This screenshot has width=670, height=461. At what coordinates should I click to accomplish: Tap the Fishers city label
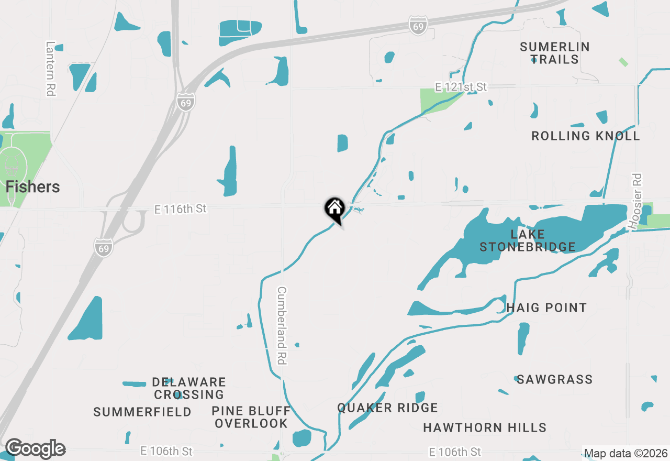[33, 187]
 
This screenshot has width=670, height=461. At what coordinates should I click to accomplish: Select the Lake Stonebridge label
[528, 240]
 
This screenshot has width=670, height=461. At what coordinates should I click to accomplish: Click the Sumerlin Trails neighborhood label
[555, 53]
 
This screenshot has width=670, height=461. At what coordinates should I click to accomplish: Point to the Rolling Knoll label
[585, 136]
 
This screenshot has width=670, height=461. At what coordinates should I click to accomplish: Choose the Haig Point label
[546, 308]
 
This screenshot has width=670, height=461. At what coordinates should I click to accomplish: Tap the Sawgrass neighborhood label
[554, 379]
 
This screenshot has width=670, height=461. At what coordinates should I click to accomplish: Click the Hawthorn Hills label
[485, 427]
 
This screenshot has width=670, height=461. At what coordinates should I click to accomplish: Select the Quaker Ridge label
[387, 408]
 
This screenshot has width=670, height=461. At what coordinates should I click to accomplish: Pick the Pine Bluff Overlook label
[251, 416]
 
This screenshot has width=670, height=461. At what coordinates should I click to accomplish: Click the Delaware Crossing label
[189, 388]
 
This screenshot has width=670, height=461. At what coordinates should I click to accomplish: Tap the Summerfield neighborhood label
[142, 412]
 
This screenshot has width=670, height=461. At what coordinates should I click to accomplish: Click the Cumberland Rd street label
[282, 325]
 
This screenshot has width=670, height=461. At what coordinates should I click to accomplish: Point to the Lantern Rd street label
[51, 69]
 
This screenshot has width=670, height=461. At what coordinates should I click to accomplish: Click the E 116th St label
[181, 209]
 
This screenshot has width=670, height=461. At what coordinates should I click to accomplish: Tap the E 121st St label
[461, 86]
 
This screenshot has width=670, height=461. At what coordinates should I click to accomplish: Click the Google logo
[35, 449]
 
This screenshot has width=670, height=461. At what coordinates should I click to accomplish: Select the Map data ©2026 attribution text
[626, 453]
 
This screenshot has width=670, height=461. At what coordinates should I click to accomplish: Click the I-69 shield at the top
[418, 25]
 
